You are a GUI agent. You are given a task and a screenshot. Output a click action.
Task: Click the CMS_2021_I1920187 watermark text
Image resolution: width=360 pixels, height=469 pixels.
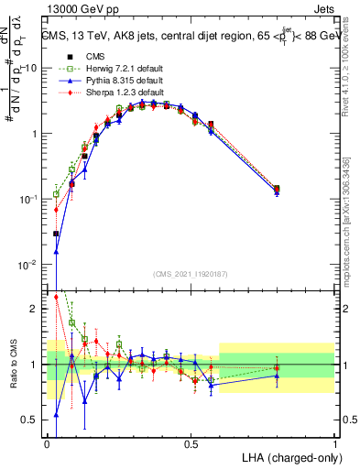(191, 274)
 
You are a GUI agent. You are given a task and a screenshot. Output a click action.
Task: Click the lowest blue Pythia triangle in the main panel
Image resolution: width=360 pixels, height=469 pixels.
(57, 252)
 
